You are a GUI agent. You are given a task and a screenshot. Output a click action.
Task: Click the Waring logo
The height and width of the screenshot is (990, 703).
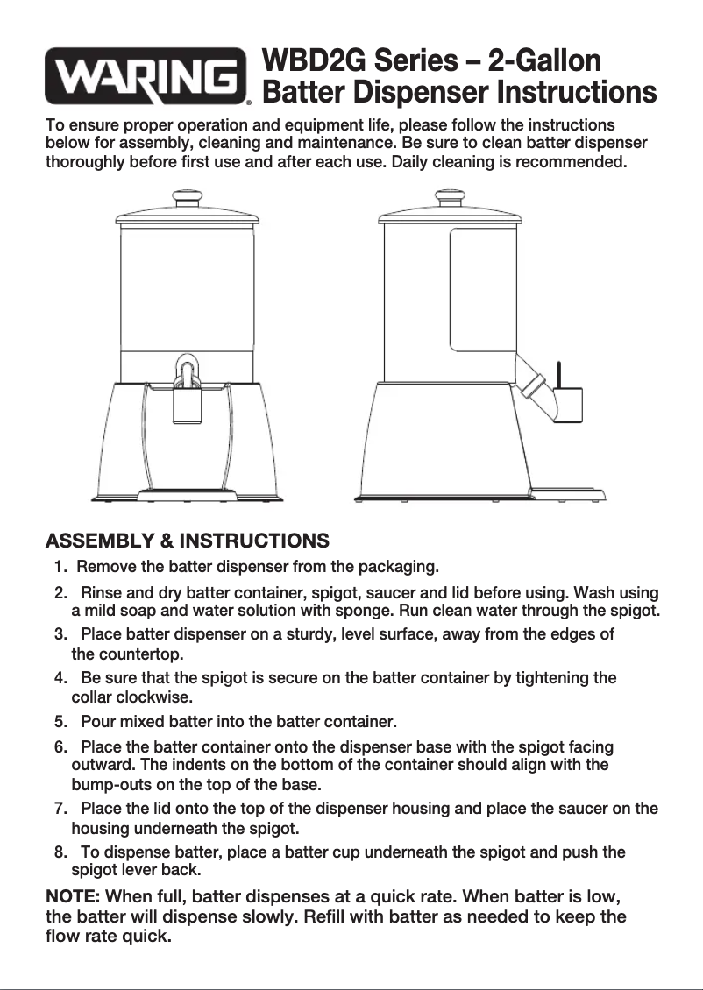[147, 77]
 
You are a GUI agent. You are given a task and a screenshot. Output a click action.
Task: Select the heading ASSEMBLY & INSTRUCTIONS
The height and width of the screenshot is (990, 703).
[187, 541]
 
